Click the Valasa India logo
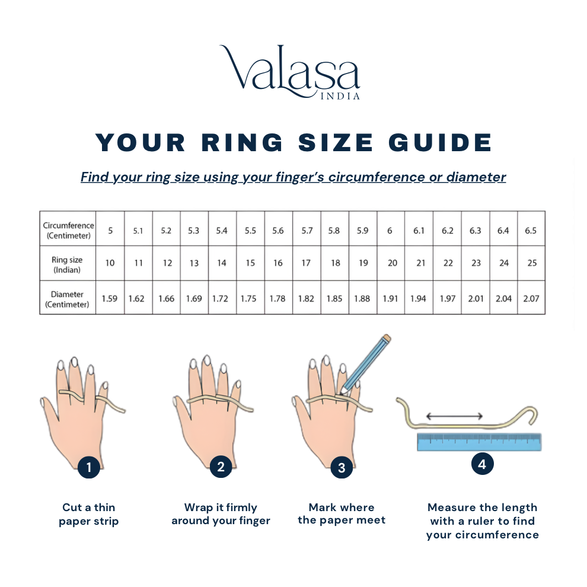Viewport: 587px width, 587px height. (x=290, y=72)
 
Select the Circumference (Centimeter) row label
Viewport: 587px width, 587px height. (x=68, y=230)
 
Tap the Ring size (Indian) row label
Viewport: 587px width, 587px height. (x=68, y=264)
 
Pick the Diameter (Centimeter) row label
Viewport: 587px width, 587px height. (x=68, y=299)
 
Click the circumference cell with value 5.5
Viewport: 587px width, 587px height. (x=250, y=231)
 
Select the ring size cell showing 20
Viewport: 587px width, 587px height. (x=392, y=263)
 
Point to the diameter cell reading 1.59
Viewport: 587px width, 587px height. (x=109, y=298)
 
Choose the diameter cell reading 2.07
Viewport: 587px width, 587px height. (x=531, y=298)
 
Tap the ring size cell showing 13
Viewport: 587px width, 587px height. (x=194, y=263)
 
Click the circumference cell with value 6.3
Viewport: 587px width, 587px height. (x=476, y=231)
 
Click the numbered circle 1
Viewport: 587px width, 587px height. (x=89, y=468)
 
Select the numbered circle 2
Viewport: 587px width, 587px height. (x=221, y=467)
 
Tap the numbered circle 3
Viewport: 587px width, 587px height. (x=342, y=468)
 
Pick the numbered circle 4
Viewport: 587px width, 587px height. (x=482, y=464)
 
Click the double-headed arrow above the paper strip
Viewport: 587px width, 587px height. (x=454, y=417)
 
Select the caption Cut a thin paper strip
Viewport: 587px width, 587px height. (x=89, y=514)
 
